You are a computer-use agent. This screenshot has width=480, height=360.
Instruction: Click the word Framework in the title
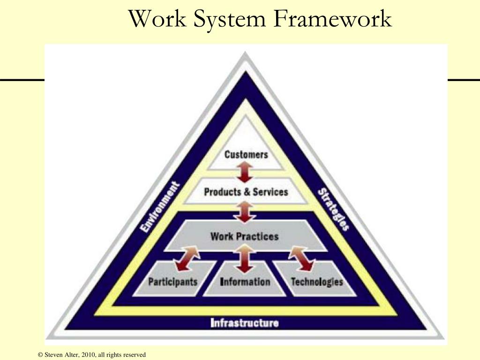[x=332, y=19]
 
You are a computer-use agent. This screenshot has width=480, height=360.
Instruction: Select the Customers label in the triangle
[x=246, y=154]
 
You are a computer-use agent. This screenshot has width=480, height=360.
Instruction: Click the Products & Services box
[x=246, y=192]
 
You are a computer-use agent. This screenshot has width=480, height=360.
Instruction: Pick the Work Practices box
[x=244, y=236]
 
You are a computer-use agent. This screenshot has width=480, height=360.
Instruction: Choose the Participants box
[x=172, y=282]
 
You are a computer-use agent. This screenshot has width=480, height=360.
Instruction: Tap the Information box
[x=245, y=282]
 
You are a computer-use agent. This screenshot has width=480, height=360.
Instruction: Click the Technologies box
[x=317, y=282]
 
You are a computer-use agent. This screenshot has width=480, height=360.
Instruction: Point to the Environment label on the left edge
[x=160, y=208]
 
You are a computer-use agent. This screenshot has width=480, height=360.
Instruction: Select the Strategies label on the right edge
[x=333, y=209]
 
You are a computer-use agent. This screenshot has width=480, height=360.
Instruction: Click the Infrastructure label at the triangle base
[x=244, y=322]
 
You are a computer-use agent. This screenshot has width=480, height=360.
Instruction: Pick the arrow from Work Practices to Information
[x=244, y=261]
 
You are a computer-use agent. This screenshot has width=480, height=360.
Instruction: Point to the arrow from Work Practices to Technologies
[x=302, y=259]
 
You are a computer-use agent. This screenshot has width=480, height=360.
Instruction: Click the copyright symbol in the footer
[x=40, y=355]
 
